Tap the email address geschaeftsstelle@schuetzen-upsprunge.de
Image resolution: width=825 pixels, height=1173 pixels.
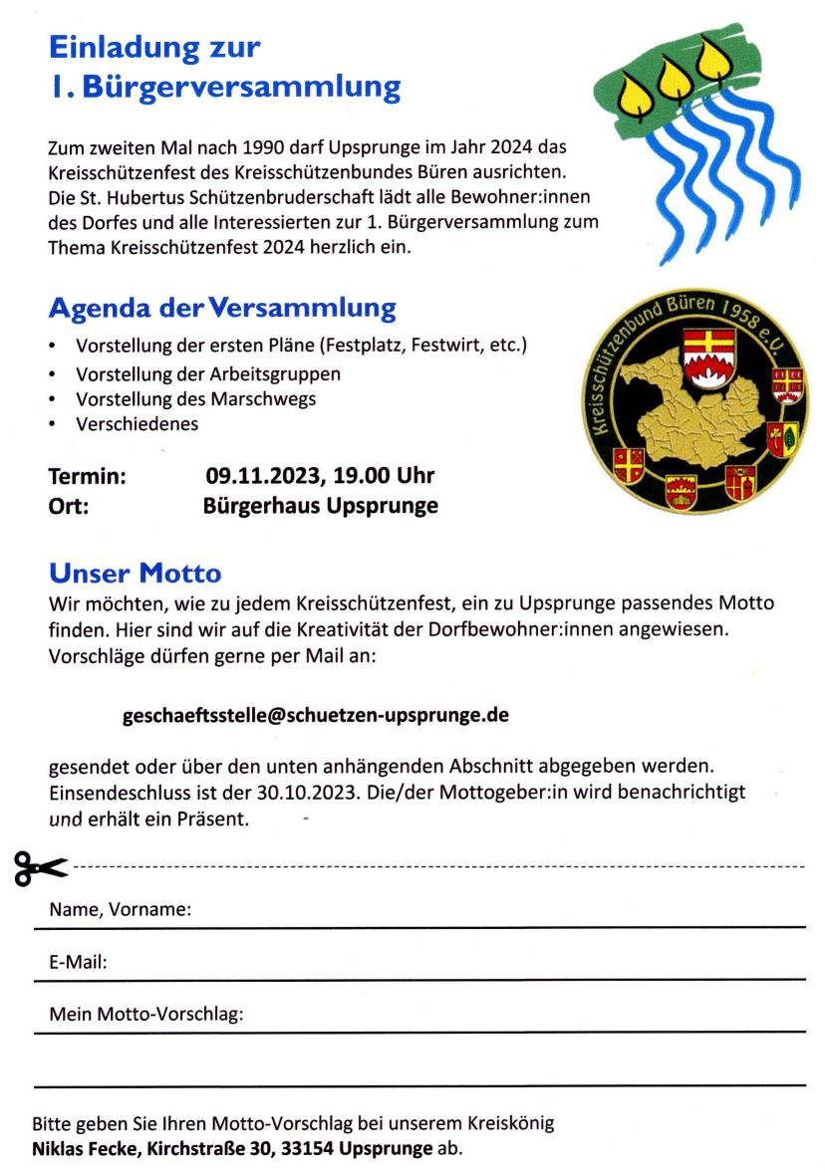tap(315, 715)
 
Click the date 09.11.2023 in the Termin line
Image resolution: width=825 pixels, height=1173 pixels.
tap(259, 476)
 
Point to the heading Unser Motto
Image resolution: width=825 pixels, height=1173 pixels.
tap(135, 574)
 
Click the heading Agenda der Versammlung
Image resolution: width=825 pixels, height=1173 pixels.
tap(221, 308)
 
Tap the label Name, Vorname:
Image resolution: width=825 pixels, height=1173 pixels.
tap(120, 910)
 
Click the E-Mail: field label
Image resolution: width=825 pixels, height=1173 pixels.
tap(78, 963)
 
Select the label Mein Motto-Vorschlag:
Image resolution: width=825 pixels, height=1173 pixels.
tap(145, 1015)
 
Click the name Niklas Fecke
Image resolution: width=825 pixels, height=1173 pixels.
tap(88, 1148)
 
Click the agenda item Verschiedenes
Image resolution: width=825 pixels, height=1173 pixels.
tap(137, 424)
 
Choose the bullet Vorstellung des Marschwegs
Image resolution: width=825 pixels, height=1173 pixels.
tap(195, 399)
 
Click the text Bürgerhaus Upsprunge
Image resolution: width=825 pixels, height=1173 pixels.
tap(320, 506)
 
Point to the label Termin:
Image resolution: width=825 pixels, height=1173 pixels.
tap(87, 476)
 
